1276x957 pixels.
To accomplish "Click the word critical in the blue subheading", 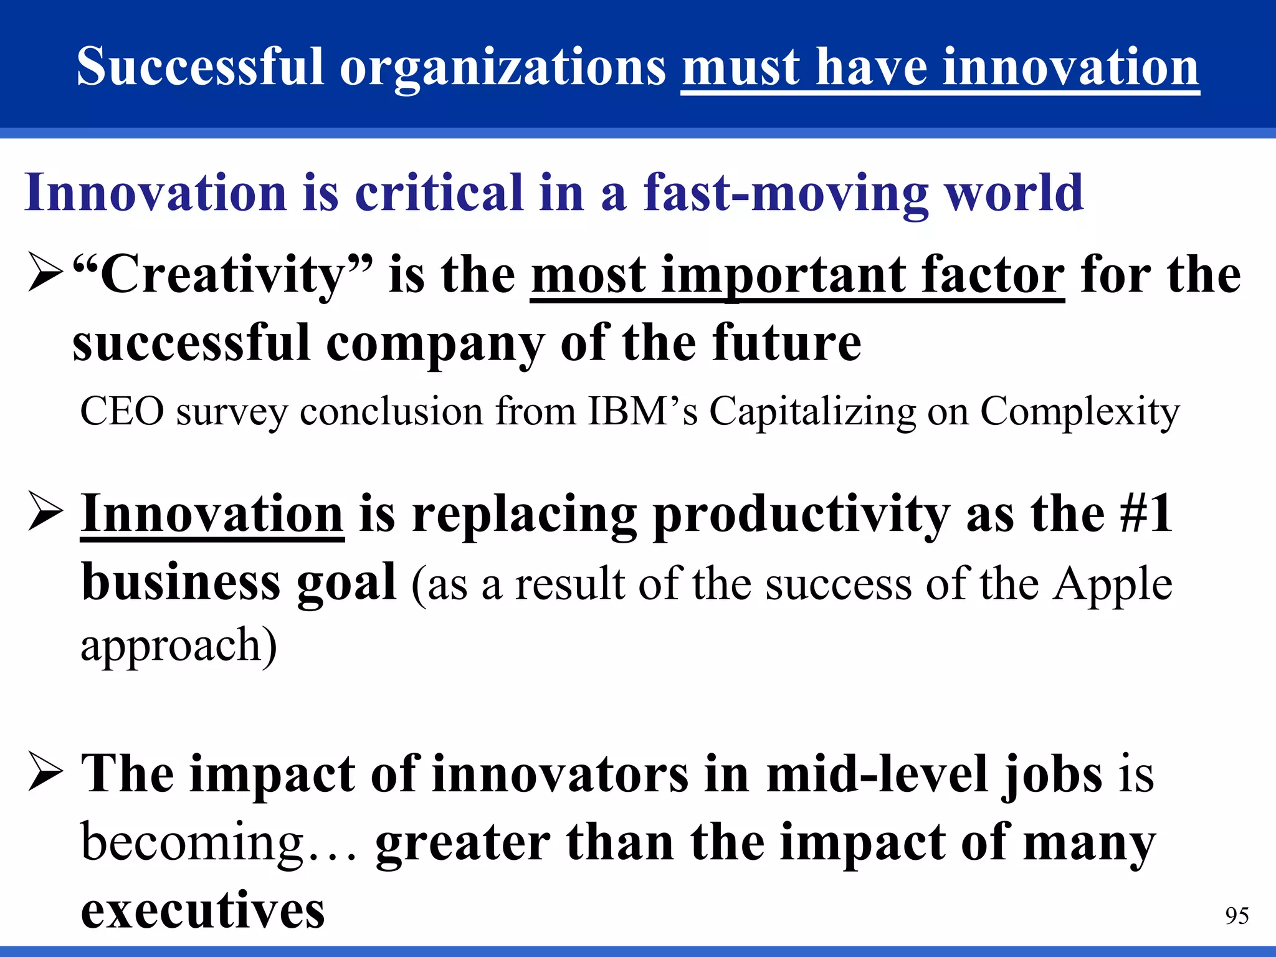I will click(x=439, y=193).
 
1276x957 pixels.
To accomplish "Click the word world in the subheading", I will click(x=1015, y=193).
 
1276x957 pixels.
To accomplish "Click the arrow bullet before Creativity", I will click(x=45, y=274).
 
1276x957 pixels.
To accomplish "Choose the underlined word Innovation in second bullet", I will click(x=212, y=514).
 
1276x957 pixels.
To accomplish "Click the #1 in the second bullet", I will click(x=1146, y=514).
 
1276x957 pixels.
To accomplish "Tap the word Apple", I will click(x=1113, y=585).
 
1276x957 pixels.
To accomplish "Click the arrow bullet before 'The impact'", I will click(x=45, y=774).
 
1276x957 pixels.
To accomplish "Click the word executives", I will click(x=203, y=910).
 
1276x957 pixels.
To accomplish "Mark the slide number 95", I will click(x=1237, y=916).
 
